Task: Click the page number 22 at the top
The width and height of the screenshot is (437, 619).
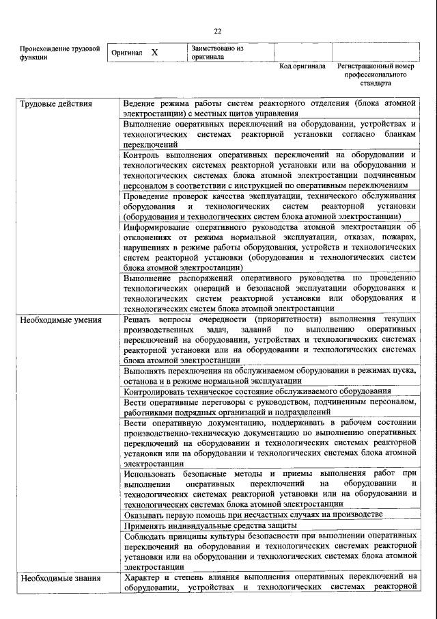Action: tap(218, 31)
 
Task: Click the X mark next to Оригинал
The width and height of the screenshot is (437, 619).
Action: tap(154, 53)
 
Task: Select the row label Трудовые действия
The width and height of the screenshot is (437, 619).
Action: tap(47, 104)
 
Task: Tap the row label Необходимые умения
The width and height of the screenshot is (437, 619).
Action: tap(52, 319)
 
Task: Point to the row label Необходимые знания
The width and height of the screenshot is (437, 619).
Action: tap(51, 578)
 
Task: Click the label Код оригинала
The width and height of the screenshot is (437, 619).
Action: tap(302, 67)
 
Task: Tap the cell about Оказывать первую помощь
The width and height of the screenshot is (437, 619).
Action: tap(253, 514)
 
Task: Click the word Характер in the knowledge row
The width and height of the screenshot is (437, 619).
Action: tap(143, 578)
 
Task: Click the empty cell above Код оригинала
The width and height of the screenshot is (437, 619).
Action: tap(302, 53)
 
